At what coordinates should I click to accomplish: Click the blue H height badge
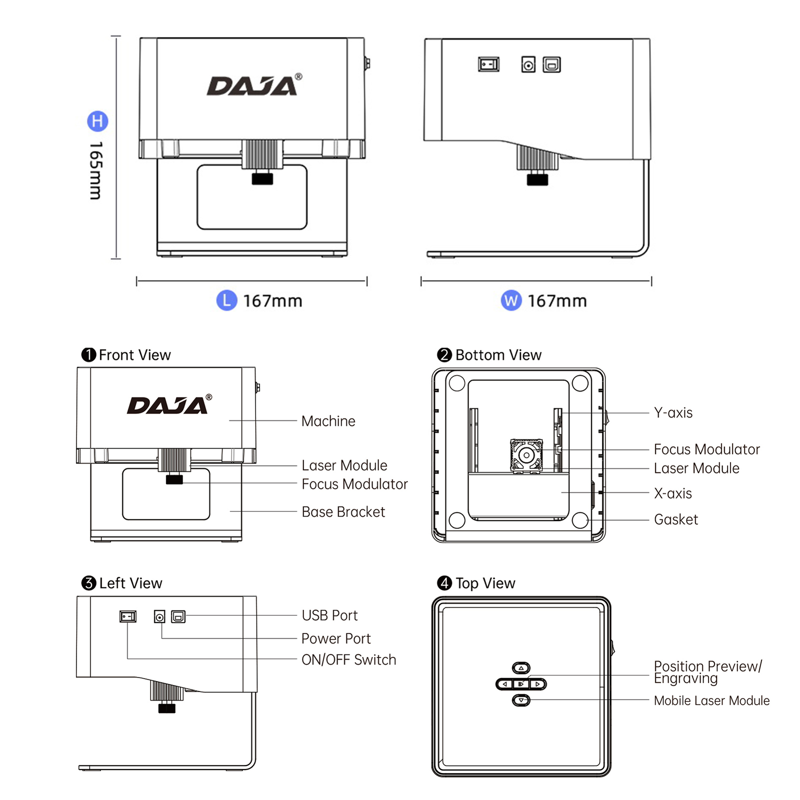(x=97, y=121)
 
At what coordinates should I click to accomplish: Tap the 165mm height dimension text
(x=96, y=170)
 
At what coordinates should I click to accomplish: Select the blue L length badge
(x=226, y=300)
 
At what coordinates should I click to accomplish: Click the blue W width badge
(x=511, y=300)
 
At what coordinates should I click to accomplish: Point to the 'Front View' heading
(x=134, y=355)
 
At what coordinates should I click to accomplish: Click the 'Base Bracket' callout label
(x=343, y=512)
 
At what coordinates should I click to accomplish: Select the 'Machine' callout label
(x=328, y=421)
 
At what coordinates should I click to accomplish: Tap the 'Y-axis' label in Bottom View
(x=673, y=413)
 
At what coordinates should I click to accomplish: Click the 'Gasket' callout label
(x=675, y=519)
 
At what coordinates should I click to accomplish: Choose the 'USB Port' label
(x=329, y=615)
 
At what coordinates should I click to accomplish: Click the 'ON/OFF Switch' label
(x=348, y=660)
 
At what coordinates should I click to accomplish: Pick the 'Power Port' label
(x=336, y=638)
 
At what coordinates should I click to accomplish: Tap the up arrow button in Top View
(x=521, y=668)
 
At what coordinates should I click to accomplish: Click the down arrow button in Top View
(x=521, y=700)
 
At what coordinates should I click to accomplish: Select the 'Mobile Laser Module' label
(x=711, y=700)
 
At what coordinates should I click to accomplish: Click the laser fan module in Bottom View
(x=526, y=455)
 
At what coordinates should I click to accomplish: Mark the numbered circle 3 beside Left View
(x=88, y=583)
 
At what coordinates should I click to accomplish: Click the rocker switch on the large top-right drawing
(x=488, y=64)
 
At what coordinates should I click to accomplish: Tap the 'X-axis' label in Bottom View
(x=673, y=493)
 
